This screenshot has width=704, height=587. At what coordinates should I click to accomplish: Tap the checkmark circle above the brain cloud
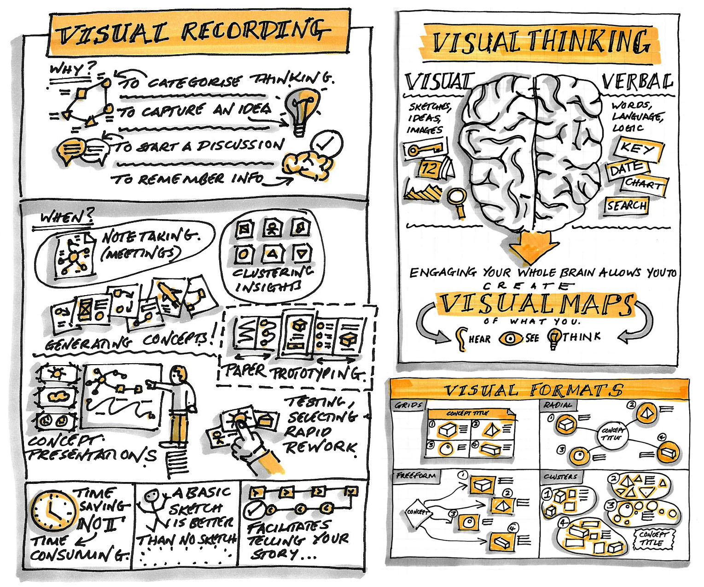click(x=326, y=143)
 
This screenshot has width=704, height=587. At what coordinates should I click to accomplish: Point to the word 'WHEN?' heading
click(x=67, y=216)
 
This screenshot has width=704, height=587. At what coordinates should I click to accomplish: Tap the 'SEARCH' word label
click(x=626, y=205)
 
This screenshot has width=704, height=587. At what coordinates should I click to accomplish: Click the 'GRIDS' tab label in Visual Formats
click(x=408, y=406)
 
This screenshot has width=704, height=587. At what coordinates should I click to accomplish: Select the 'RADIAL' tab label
click(x=557, y=406)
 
